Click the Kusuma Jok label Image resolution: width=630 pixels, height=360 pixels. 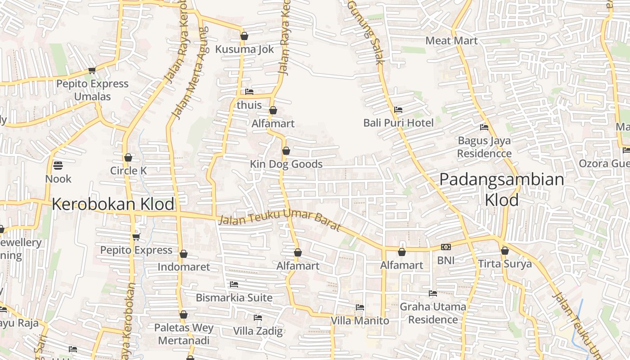point(244,49)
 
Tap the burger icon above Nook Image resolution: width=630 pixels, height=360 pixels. point(58,166)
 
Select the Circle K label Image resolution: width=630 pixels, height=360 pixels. point(129,171)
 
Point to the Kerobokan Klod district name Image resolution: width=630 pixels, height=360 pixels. point(113,204)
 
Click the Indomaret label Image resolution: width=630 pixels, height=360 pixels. point(184,267)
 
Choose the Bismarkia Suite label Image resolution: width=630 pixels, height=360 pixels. point(234,297)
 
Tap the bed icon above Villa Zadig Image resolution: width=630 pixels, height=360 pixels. point(258,318)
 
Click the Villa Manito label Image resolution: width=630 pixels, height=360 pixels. point(360,320)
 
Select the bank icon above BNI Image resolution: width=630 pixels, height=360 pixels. point(446,247)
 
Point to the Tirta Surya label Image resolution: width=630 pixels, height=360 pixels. point(505,264)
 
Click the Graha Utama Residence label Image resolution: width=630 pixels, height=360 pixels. point(433,313)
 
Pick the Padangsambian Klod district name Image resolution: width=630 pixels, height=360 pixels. point(502,189)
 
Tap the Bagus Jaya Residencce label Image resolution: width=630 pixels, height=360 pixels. point(484,147)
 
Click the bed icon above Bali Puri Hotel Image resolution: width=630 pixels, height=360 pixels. point(398,109)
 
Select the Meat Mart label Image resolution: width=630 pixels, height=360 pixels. point(451,40)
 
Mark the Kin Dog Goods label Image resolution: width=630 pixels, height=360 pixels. point(286,164)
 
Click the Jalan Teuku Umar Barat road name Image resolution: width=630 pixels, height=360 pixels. point(280,219)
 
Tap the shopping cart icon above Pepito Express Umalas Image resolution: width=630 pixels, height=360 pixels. point(92,70)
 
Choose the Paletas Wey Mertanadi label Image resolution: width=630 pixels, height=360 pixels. point(184,333)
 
